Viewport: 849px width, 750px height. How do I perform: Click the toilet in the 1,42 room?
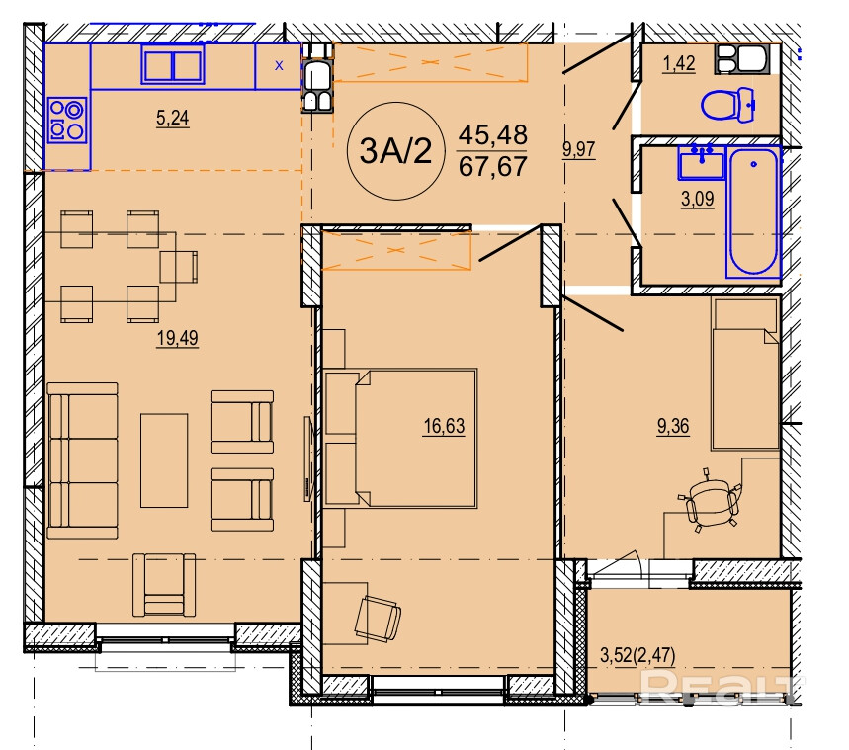click(728, 105)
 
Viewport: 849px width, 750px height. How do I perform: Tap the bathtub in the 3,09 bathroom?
click(753, 211)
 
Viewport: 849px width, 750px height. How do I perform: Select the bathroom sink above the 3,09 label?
click(701, 162)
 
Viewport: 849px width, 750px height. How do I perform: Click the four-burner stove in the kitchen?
click(66, 120)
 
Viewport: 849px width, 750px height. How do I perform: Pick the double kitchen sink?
click(173, 64)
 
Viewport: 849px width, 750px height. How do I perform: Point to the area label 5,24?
click(172, 118)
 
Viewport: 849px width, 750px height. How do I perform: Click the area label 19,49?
click(178, 338)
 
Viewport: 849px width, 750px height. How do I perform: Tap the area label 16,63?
click(444, 426)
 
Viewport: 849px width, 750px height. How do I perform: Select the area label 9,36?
click(673, 426)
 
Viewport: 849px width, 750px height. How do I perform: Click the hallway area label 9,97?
click(579, 149)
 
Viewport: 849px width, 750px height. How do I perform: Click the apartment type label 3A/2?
click(395, 151)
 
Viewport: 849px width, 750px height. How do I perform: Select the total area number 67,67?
click(493, 166)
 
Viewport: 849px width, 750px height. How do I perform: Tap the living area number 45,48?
click(493, 134)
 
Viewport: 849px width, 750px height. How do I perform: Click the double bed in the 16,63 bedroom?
click(400, 438)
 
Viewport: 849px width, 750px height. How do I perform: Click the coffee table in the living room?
click(164, 460)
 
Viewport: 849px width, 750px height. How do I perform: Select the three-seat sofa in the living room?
click(82, 460)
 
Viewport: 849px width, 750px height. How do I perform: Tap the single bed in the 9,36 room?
click(745, 374)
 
